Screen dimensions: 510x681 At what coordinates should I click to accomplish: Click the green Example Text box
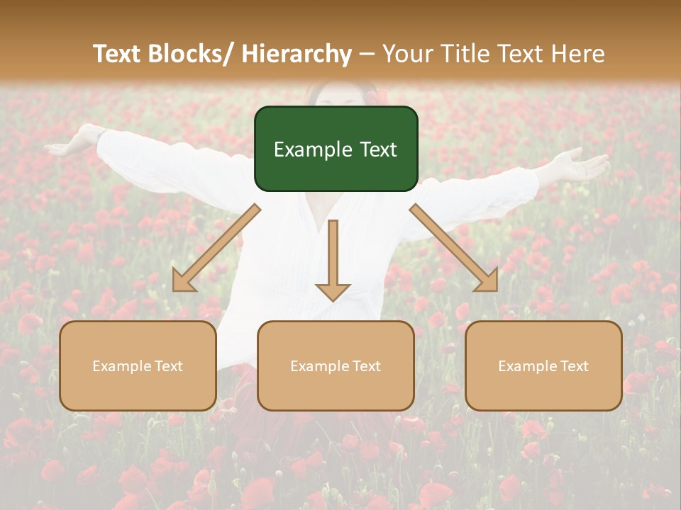(x=336, y=149)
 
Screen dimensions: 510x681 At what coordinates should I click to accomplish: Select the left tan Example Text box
(x=138, y=365)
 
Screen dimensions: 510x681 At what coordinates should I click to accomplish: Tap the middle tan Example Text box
(x=336, y=365)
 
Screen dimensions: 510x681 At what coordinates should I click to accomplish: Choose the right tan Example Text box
(x=543, y=365)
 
